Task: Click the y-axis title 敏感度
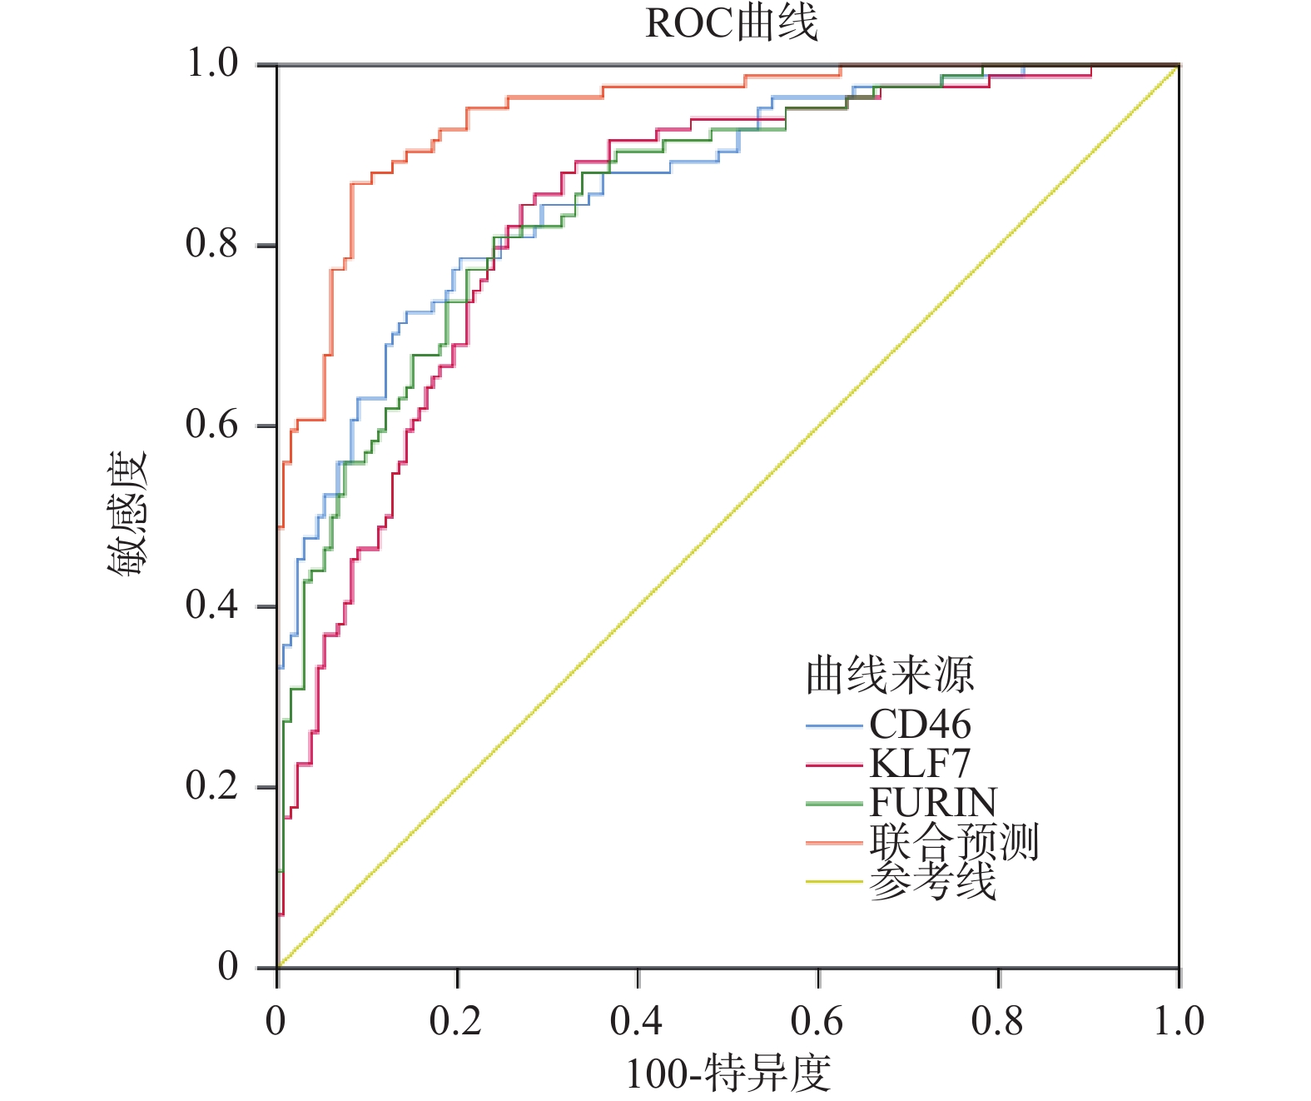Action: click(x=127, y=513)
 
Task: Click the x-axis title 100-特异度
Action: click(x=728, y=1074)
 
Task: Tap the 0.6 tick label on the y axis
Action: click(x=211, y=425)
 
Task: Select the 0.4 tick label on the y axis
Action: click(x=211, y=605)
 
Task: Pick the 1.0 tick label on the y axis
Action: click(x=211, y=63)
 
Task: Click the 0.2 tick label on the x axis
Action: click(x=455, y=1021)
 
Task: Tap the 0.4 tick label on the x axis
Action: click(x=636, y=1021)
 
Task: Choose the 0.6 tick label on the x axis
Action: click(x=817, y=1021)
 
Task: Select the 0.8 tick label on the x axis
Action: click(x=997, y=1021)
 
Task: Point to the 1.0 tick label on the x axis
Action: click(x=1178, y=1021)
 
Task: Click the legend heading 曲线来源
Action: click(x=889, y=675)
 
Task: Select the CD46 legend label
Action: click(x=920, y=725)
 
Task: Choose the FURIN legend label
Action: click(x=933, y=803)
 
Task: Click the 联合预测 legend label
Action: click(x=954, y=842)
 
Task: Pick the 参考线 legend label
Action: click(x=932, y=881)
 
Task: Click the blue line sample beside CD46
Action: click(x=833, y=726)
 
